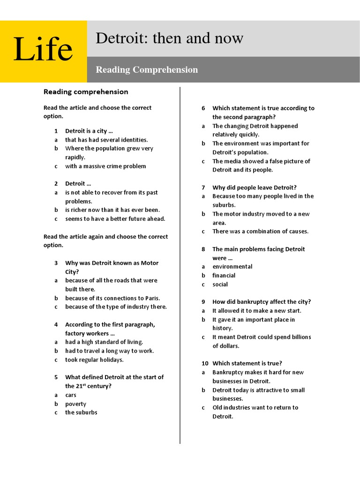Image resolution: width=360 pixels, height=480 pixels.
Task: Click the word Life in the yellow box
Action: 43,50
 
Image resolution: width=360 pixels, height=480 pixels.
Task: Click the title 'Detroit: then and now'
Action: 169,38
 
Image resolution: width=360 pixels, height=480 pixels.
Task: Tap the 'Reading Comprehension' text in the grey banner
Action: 147,70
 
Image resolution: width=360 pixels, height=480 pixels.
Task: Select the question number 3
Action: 56,263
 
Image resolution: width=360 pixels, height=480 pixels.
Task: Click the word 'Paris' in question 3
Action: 151,298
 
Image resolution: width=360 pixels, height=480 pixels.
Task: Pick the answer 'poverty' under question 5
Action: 75,404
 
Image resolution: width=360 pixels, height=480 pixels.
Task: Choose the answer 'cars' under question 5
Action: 71,395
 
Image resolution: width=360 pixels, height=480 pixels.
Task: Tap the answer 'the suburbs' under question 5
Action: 81,412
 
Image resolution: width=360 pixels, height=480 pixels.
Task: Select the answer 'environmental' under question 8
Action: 232,267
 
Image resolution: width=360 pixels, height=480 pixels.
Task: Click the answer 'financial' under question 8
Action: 224,276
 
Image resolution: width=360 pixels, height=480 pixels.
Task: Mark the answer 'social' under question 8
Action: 220,285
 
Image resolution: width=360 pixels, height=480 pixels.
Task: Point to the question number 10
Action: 204,363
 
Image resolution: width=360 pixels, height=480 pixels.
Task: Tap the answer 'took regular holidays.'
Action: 94,360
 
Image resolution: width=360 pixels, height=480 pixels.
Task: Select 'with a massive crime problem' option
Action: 105,166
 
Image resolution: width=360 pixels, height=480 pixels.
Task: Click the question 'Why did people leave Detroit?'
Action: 254,187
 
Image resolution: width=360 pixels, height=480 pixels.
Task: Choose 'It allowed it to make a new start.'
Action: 256,311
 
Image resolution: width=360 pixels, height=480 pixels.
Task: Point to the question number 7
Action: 203,187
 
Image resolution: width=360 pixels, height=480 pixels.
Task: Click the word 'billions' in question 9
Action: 300,337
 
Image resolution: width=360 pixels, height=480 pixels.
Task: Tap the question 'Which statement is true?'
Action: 247,363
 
